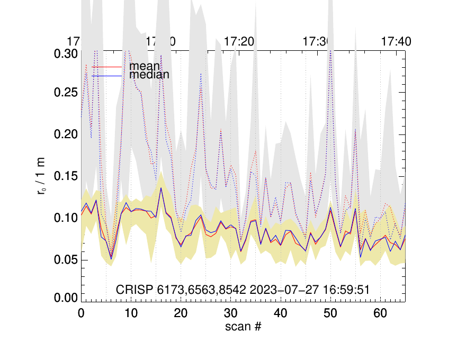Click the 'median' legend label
[x=149, y=75]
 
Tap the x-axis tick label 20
[x=181, y=313]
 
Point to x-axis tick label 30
[x=230, y=313]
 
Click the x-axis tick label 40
[x=280, y=313]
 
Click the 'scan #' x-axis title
[x=243, y=327]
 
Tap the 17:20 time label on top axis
[x=239, y=41]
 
